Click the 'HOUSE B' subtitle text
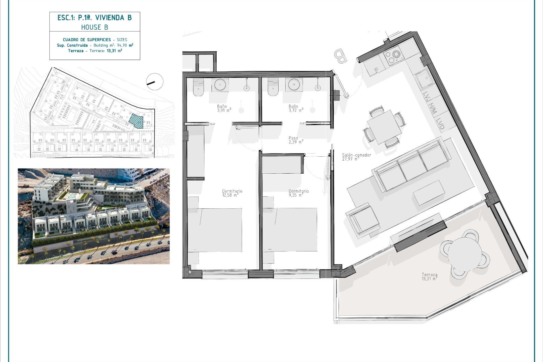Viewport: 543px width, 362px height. point(94,27)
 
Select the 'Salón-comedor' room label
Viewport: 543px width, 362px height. point(356,155)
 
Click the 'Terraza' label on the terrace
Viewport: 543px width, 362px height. point(429,274)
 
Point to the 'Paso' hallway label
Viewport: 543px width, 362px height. point(293,138)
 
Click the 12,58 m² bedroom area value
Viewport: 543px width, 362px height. point(230,195)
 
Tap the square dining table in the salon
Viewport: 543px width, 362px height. point(384,127)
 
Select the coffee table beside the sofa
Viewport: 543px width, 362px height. point(429,193)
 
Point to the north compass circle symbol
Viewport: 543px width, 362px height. point(155,82)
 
